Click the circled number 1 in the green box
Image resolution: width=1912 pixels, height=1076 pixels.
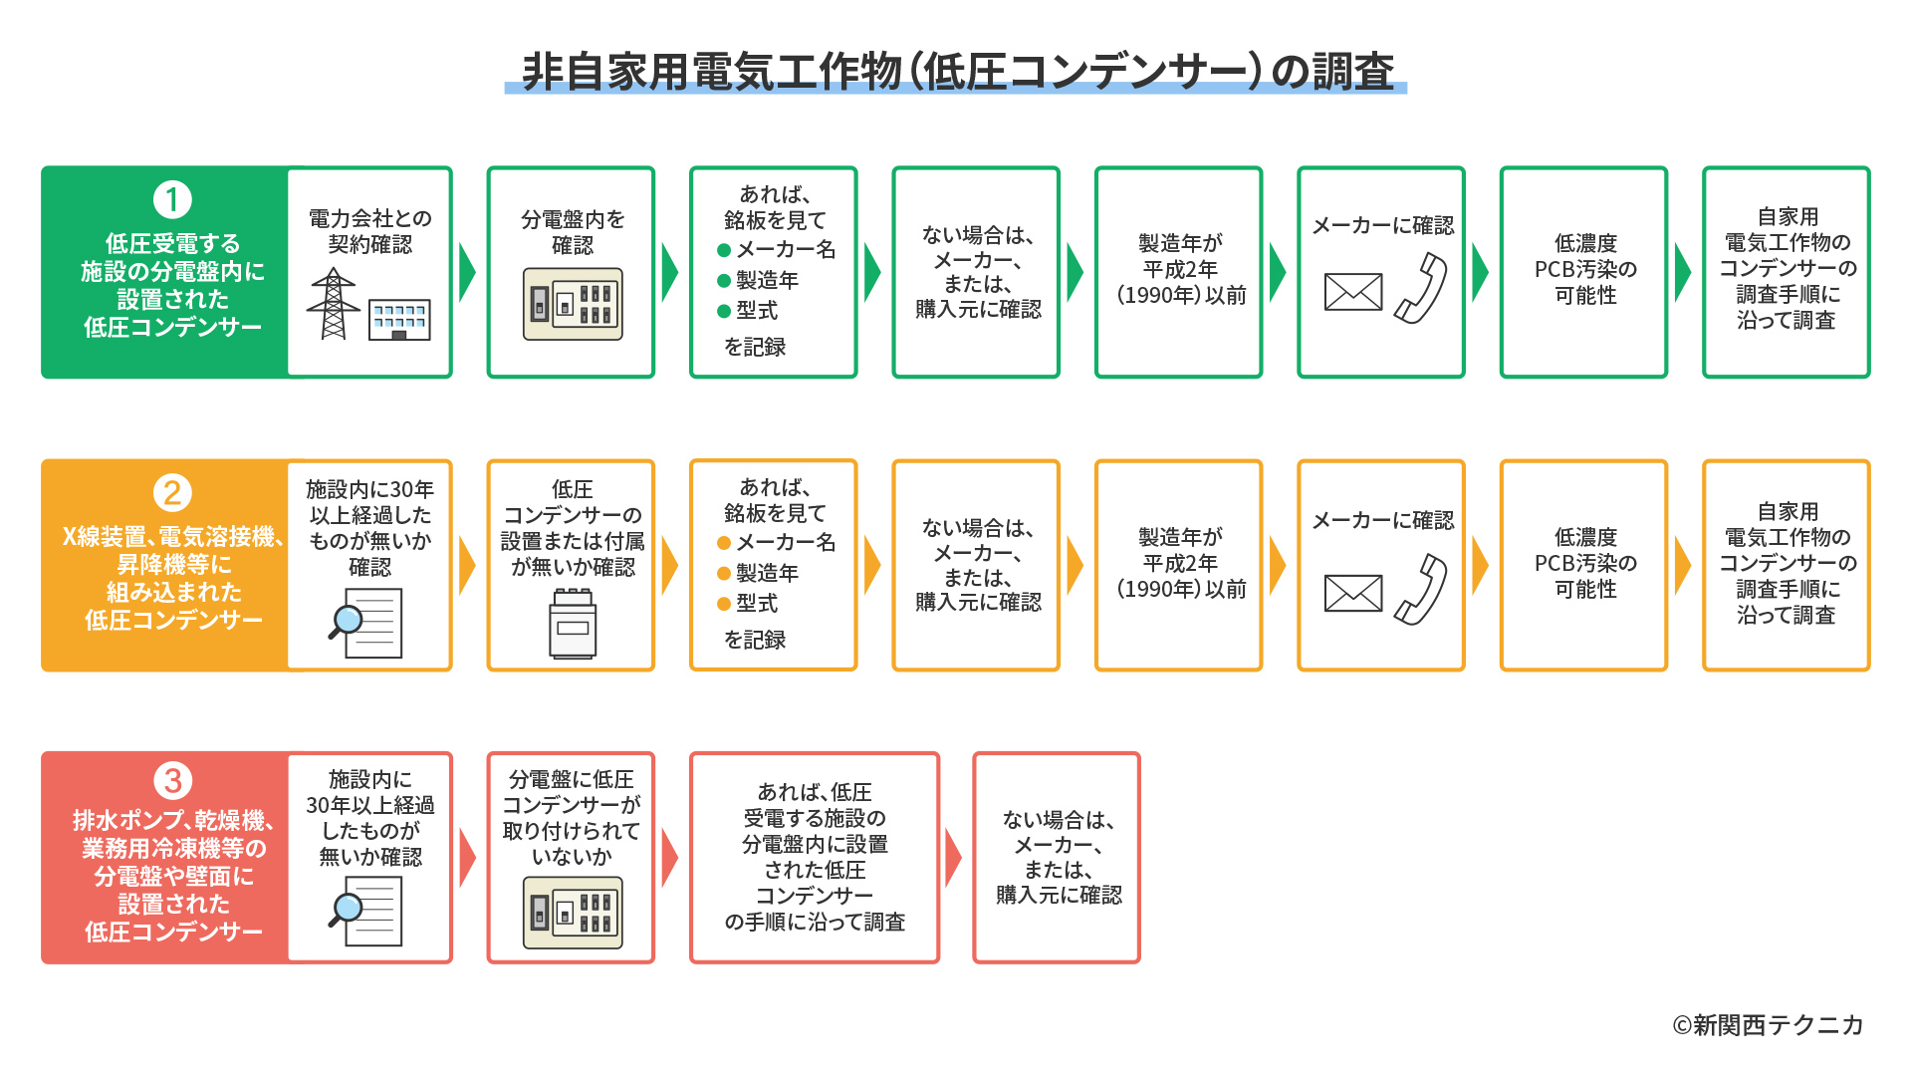coord(172,199)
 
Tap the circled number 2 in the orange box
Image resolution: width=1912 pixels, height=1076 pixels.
coord(172,492)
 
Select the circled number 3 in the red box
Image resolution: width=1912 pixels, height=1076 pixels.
coord(172,780)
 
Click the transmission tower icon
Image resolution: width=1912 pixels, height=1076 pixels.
coord(334,304)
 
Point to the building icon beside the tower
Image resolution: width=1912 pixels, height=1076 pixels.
coord(399,320)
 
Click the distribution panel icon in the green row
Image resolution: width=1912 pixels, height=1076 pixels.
coord(573,304)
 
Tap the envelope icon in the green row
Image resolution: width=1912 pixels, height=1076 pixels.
coord(1353,292)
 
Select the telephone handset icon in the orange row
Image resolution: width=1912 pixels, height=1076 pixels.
coord(1421,590)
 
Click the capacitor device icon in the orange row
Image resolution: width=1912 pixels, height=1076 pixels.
coord(573,624)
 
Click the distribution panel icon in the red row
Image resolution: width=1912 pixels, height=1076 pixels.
coord(573,912)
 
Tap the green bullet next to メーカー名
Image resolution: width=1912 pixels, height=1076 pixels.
coord(724,250)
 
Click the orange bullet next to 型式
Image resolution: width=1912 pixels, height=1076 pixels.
coord(724,604)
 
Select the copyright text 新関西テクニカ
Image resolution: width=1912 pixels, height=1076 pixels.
coord(1768,1025)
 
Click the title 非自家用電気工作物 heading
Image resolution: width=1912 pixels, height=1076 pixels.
coord(956,72)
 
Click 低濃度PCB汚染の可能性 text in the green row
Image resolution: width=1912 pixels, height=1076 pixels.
coord(1584,270)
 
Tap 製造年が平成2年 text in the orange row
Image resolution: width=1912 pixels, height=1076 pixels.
coord(1180,563)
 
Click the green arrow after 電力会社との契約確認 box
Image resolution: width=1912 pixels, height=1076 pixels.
coord(466,272)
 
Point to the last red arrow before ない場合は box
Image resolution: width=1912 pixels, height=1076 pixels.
coord(953,857)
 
